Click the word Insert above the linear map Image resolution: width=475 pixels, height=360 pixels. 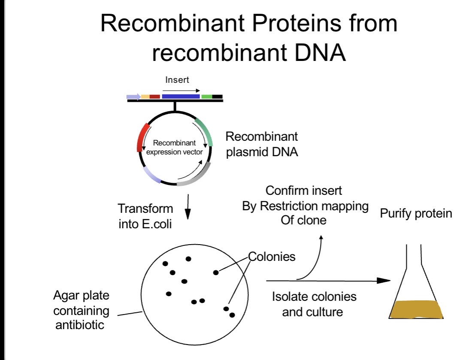[x=177, y=80]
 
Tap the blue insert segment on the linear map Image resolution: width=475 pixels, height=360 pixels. [x=181, y=97]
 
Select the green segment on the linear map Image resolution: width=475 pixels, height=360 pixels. [x=206, y=97]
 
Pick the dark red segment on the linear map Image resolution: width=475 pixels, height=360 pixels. [x=155, y=97]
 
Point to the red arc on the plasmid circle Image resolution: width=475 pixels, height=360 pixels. [x=142, y=137]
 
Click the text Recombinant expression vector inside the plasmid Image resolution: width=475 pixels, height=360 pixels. [x=174, y=147]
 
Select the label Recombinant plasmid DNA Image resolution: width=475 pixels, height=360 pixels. [x=262, y=144]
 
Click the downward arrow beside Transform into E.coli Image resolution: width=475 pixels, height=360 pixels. [x=188, y=207]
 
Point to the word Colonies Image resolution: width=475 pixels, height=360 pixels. [x=272, y=257]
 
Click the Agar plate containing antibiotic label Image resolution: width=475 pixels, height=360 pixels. [x=81, y=310]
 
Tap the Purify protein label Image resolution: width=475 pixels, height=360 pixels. [x=416, y=214]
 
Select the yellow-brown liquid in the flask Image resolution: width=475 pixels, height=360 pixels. [x=416, y=309]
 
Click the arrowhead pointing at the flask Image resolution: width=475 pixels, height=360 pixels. [x=384, y=281]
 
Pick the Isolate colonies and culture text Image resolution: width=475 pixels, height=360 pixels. [x=314, y=304]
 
